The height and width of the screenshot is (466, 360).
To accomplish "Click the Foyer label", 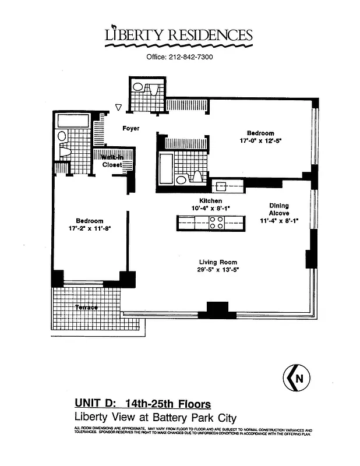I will point(130,128).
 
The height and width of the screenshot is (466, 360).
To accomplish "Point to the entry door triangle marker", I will point(118,107).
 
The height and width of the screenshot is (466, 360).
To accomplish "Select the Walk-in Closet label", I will point(112,161).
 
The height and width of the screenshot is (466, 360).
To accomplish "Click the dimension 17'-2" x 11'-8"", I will point(89,229).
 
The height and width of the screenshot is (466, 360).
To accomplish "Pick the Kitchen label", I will point(195,200).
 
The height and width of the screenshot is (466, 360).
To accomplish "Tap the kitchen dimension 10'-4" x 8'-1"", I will point(195,208).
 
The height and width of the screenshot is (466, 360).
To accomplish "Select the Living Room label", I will point(218,262).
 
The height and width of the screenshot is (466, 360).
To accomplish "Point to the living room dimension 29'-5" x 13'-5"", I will point(218,270).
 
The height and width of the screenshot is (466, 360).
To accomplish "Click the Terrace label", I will point(86,307).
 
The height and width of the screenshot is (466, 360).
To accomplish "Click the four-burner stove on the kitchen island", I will point(216,222).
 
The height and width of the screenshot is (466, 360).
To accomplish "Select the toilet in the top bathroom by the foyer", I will point(139,87).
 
